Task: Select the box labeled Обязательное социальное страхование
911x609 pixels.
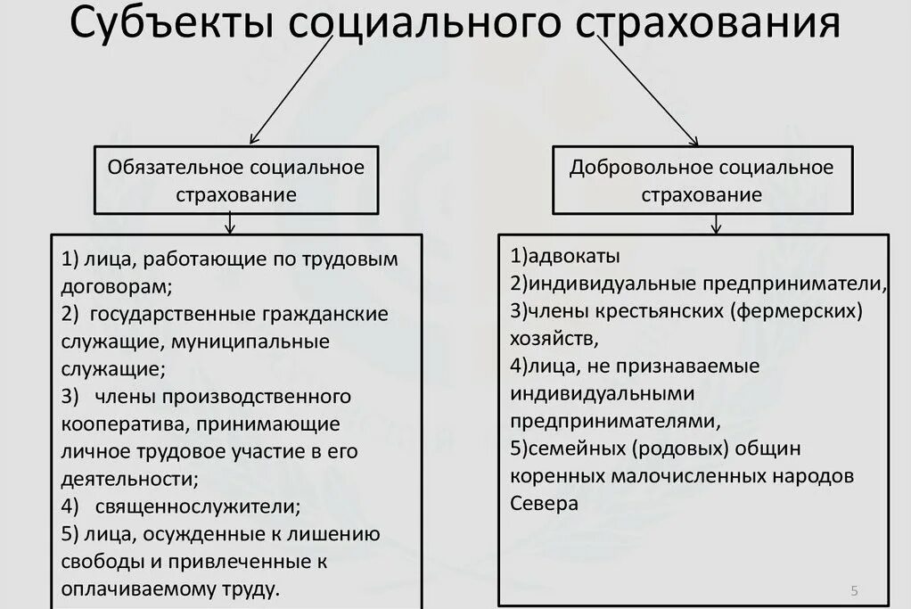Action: point(235,180)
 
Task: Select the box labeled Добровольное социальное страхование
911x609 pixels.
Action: point(702,180)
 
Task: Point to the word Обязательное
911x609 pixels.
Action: point(175,167)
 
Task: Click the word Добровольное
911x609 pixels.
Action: point(640,167)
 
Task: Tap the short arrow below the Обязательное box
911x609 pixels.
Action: point(231,223)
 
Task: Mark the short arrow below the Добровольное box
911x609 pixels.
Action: point(715,224)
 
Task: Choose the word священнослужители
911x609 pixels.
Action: point(193,506)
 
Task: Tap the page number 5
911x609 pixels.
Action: point(855,590)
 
